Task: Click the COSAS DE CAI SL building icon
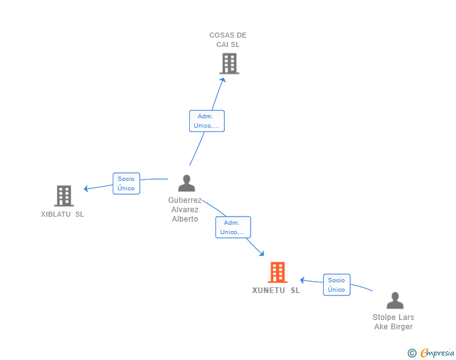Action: [x=230, y=63]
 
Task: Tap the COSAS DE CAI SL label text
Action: [x=228, y=40]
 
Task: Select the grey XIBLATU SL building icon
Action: [x=63, y=196]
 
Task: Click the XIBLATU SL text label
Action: [x=62, y=214]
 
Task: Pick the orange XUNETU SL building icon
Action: [x=277, y=272]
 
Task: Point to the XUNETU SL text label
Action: [x=276, y=291]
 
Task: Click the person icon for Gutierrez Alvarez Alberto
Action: [x=187, y=183]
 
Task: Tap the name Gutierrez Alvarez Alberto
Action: [x=185, y=210]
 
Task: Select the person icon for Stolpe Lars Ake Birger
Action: [x=395, y=301]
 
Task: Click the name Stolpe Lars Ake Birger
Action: [x=393, y=322]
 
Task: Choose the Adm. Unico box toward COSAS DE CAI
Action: [x=207, y=121]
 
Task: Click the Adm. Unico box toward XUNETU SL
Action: [x=233, y=227]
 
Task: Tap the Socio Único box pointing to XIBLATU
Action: [x=126, y=183]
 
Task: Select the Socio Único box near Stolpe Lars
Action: [x=336, y=285]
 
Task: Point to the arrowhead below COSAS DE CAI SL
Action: [x=222, y=80]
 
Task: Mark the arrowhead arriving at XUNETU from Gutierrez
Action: [x=261, y=254]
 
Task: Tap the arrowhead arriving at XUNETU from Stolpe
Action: [x=303, y=280]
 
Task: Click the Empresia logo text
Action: [x=437, y=353]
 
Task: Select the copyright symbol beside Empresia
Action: [x=412, y=354]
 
